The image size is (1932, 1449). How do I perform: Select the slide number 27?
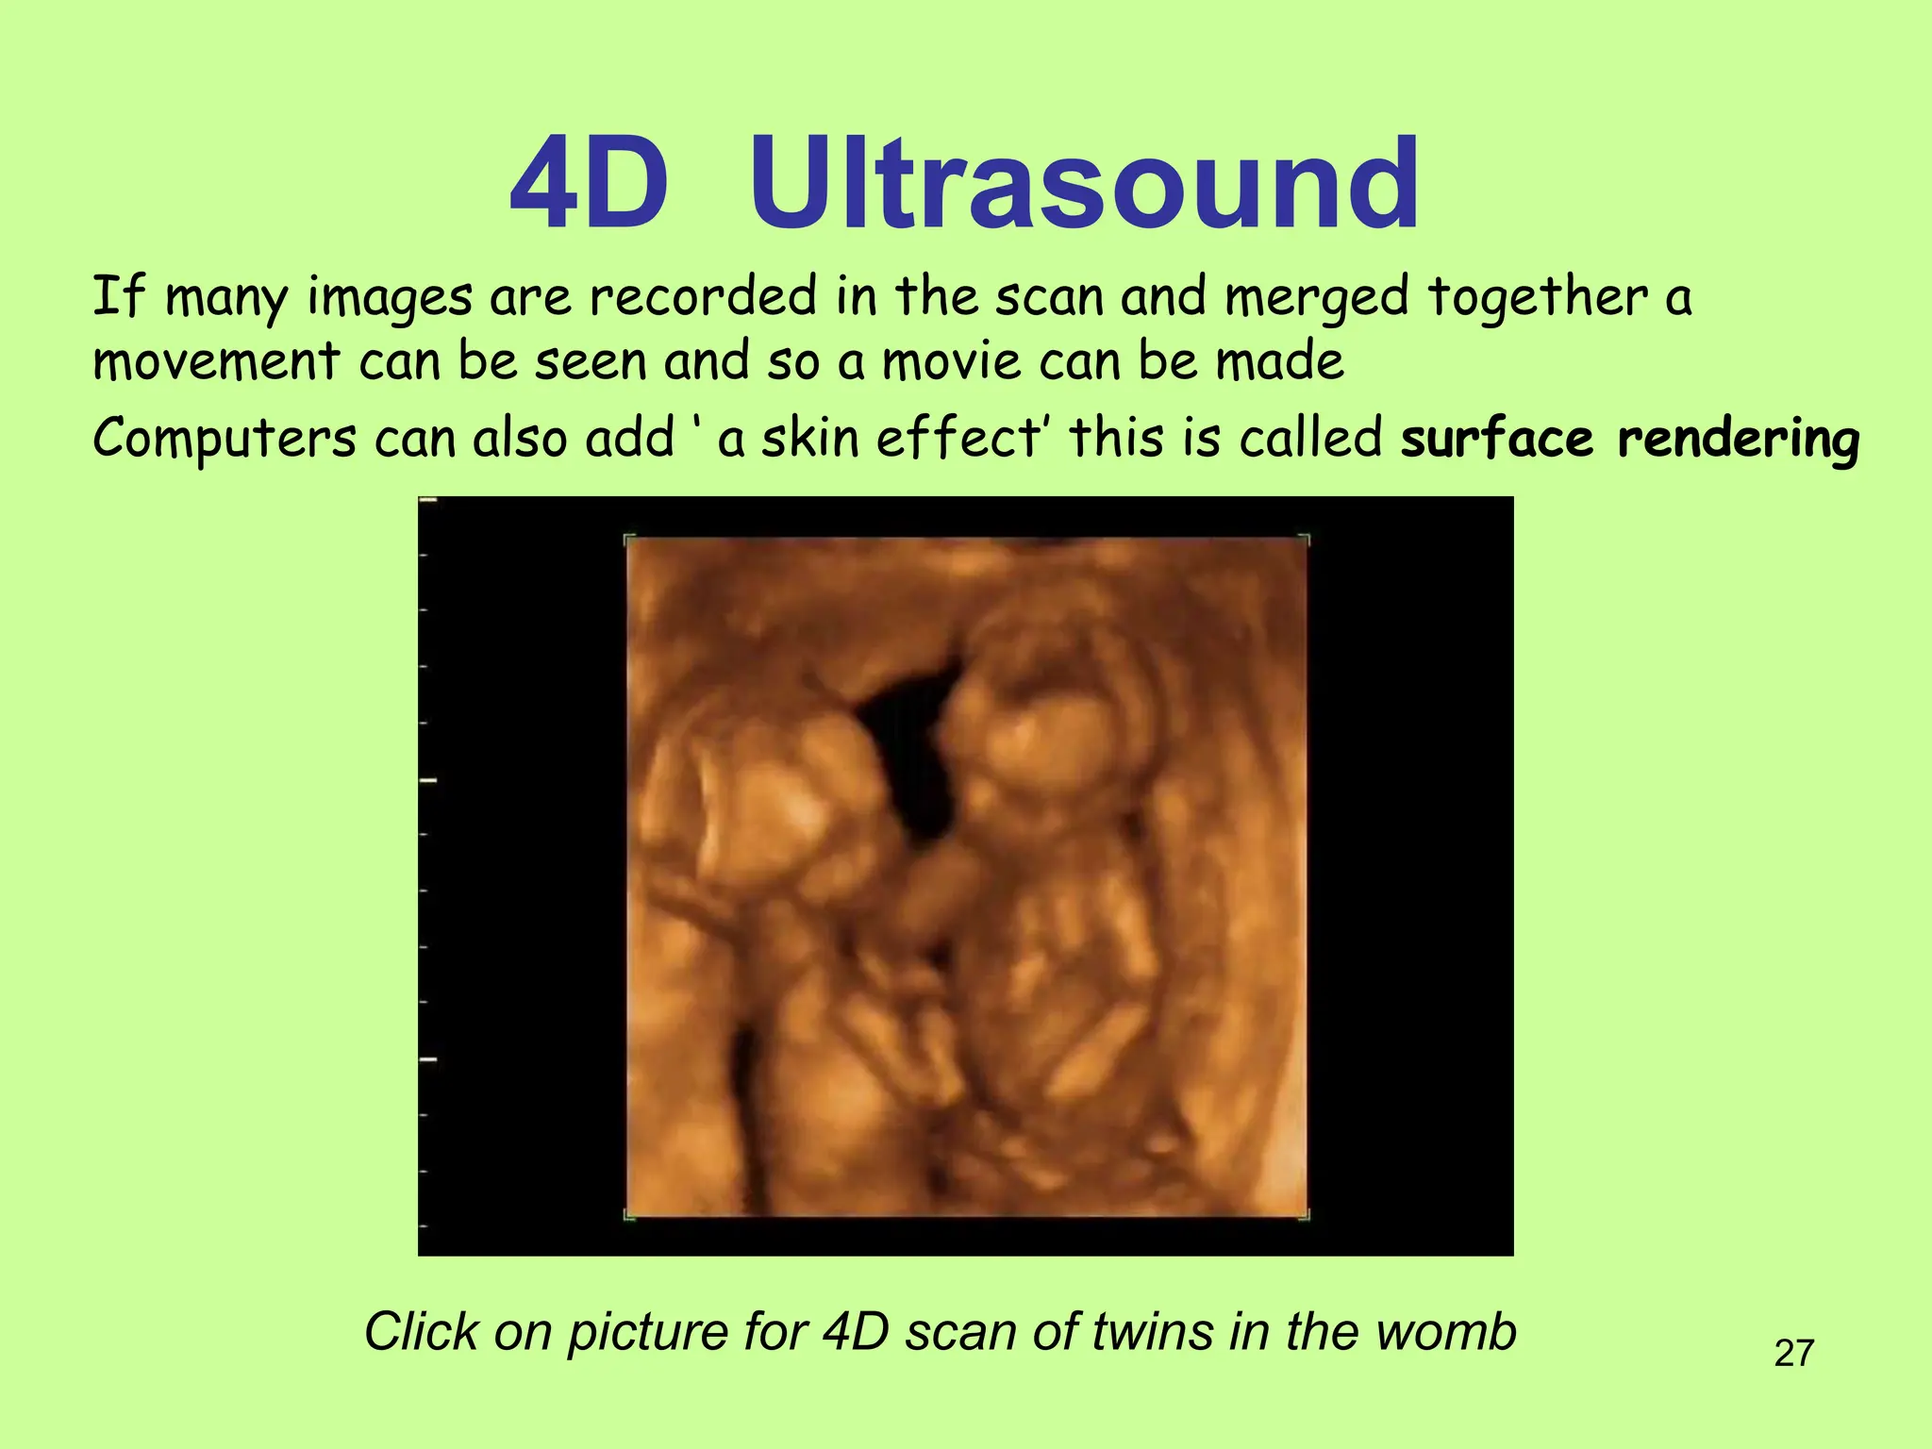(1793, 1353)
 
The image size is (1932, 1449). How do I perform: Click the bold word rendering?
(1738, 440)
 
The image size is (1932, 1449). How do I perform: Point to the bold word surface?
(1496, 440)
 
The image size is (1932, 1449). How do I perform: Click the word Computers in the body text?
(225, 440)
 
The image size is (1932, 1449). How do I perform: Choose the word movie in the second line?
(952, 361)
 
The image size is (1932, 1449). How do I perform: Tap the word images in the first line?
(390, 299)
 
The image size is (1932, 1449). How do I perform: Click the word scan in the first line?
(1049, 299)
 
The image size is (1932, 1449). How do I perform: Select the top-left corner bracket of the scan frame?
(629, 541)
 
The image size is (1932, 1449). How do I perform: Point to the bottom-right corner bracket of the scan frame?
(1305, 1216)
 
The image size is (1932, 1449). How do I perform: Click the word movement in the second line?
(216, 361)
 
